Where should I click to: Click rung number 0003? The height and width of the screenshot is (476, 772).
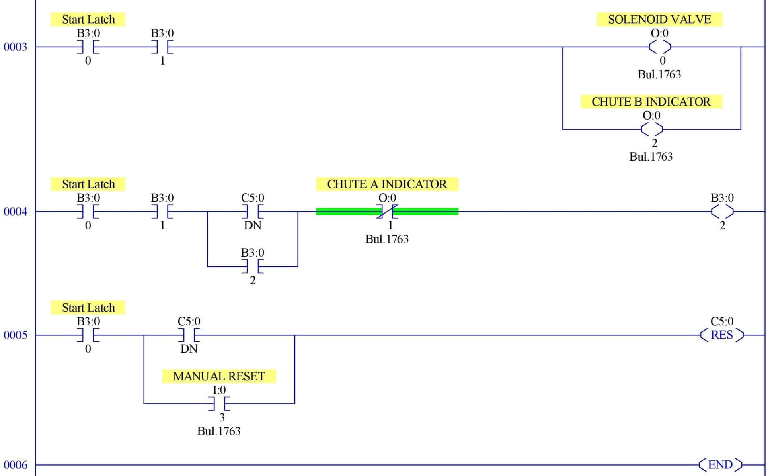click(15, 47)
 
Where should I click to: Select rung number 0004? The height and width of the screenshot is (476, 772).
click(15, 212)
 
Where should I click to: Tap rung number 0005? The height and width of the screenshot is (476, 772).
click(15, 335)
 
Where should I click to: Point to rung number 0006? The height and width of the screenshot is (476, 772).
click(15, 465)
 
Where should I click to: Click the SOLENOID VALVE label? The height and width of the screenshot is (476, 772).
click(659, 19)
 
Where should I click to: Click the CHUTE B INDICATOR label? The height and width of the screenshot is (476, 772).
click(651, 102)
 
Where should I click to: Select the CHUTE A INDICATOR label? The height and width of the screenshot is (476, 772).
click(386, 184)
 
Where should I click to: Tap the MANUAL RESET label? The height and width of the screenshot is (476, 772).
click(219, 376)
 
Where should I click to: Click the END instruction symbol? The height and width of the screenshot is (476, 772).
click(720, 465)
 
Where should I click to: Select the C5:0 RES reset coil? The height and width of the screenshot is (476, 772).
click(722, 335)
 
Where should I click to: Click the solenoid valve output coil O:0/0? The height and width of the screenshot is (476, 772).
click(660, 47)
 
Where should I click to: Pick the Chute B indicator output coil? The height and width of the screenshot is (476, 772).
click(651, 129)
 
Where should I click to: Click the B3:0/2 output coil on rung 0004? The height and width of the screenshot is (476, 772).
click(722, 212)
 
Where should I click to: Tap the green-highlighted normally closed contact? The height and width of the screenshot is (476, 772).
click(387, 212)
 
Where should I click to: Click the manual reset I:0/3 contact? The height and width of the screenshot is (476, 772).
click(219, 404)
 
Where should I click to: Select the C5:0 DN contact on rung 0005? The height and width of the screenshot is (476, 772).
click(189, 335)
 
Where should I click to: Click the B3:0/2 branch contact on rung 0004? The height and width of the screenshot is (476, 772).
click(253, 266)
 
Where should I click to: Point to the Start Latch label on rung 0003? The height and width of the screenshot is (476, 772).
click(88, 19)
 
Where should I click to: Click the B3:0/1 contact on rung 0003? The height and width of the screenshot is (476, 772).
click(162, 47)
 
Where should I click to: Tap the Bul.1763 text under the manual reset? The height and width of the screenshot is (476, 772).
click(219, 431)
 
